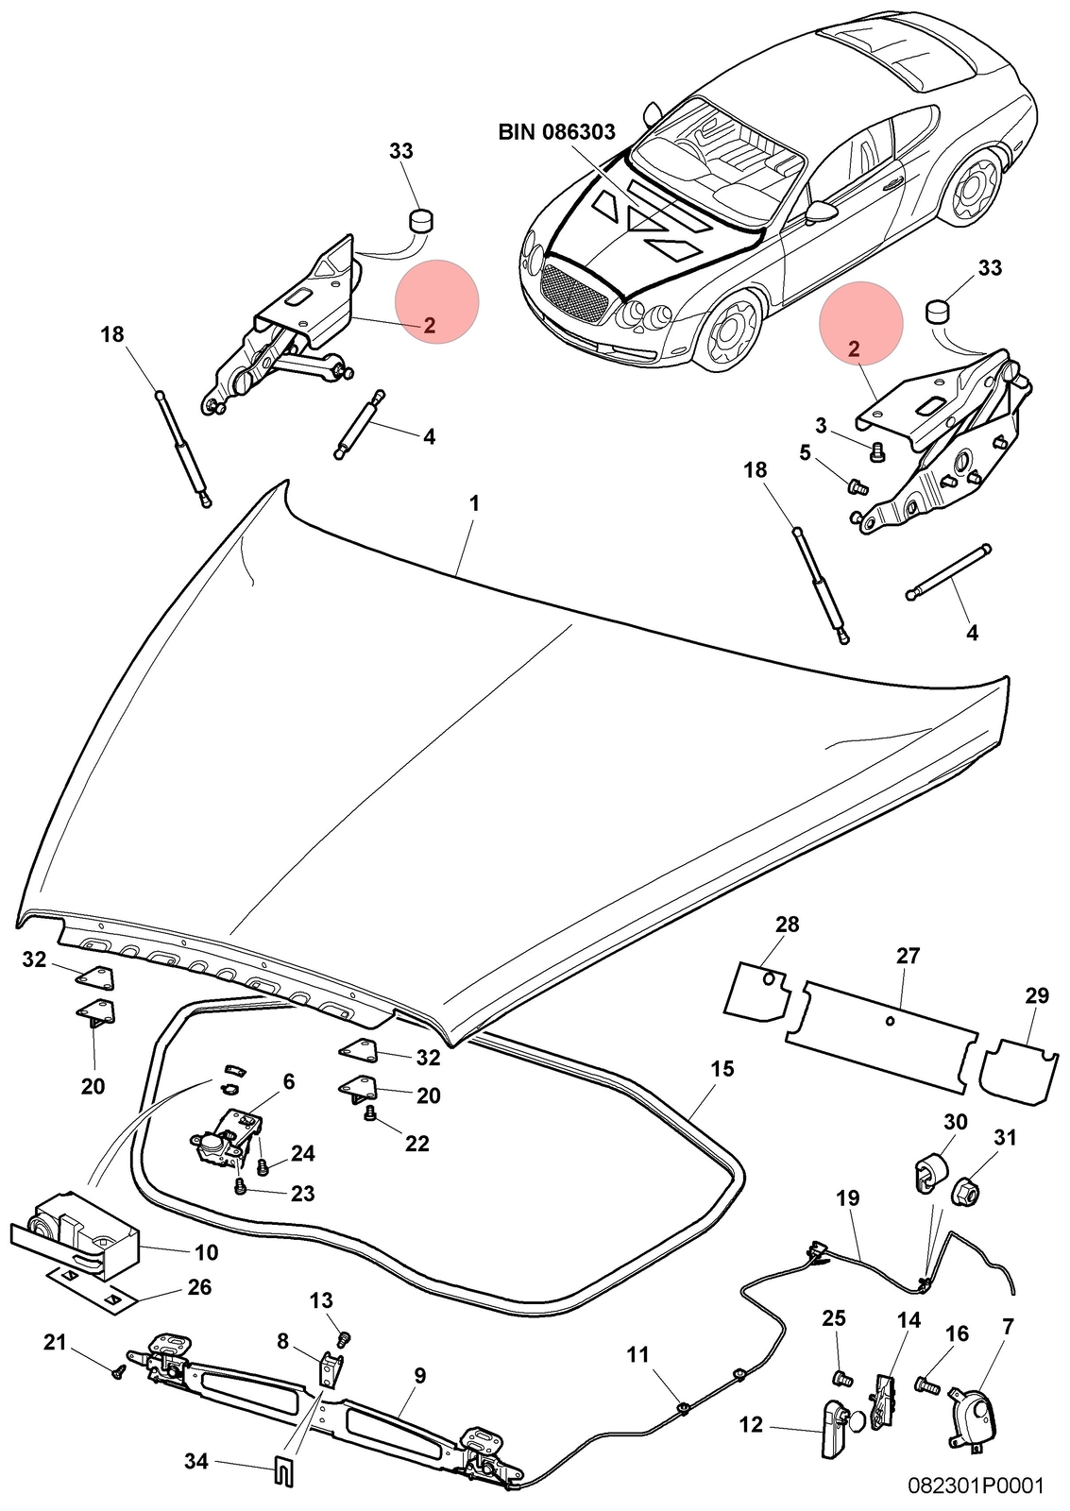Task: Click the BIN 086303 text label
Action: (556, 131)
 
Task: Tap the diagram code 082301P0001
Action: (976, 1486)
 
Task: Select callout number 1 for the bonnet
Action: (474, 504)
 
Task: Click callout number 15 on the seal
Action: (722, 1069)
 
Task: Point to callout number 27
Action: (909, 956)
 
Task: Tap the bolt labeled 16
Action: (928, 1384)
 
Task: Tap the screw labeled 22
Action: (369, 1113)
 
